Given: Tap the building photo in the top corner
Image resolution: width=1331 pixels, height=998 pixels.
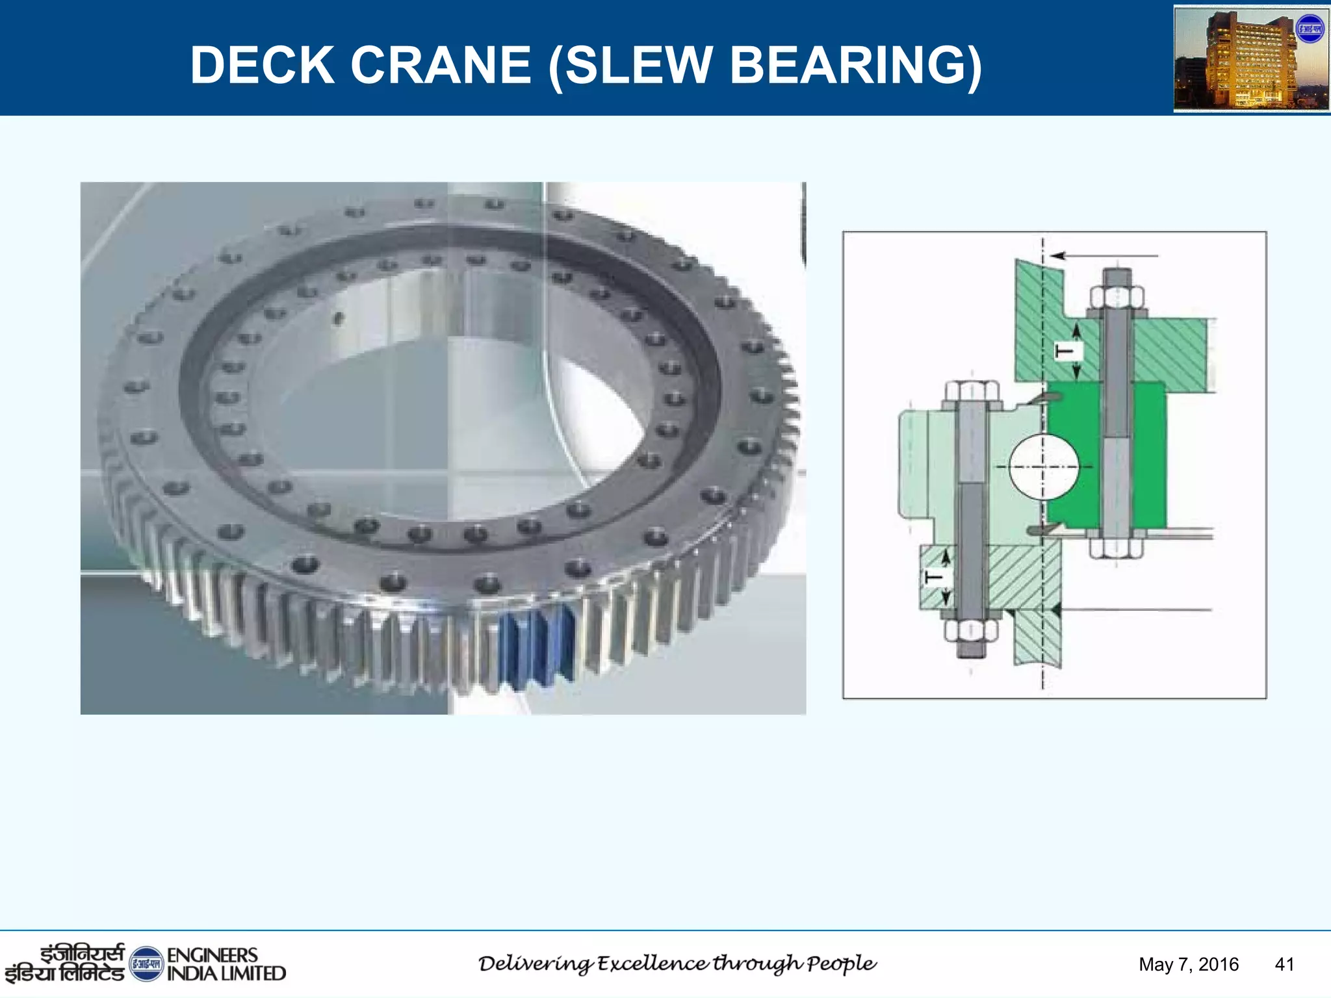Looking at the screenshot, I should [x=1250, y=58].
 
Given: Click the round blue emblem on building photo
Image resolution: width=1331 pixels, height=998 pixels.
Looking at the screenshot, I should [x=1310, y=29].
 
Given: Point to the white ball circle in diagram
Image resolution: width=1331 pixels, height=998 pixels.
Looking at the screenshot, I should [x=1044, y=467].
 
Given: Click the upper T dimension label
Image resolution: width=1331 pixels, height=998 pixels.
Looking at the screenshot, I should [x=1066, y=352].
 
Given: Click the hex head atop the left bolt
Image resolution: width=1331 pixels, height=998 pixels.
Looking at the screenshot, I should [x=972, y=392].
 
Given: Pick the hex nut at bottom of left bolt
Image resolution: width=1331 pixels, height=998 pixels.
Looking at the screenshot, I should [x=971, y=630].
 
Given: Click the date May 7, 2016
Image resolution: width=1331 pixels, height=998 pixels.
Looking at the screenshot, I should [x=1188, y=964].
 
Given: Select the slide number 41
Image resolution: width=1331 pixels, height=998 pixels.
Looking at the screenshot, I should [x=1284, y=964].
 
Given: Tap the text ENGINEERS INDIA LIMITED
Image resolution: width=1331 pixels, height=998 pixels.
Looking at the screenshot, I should [x=226, y=964].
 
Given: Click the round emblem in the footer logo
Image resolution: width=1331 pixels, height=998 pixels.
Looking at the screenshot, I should [x=146, y=964].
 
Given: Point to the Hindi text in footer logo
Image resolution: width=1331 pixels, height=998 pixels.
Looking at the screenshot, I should [x=65, y=964].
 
